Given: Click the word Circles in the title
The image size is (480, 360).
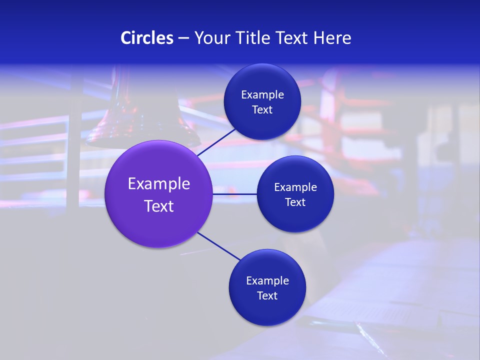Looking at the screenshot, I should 146,38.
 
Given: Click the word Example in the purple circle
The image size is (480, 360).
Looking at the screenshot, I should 159,184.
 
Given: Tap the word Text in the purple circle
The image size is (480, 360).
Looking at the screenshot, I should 159,206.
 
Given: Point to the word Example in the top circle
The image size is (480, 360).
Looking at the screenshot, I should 262,95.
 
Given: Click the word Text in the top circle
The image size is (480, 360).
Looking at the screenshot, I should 262,110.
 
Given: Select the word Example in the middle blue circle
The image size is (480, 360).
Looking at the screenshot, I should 295,187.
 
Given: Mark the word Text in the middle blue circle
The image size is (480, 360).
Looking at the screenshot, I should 295,202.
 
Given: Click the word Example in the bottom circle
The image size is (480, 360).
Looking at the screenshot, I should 267,281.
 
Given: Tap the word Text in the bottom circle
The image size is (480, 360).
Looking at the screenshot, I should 267,296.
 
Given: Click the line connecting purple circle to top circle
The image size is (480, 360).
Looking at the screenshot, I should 217,142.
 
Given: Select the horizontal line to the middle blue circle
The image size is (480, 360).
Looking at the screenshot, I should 235,194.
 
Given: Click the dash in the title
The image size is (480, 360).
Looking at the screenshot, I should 183,38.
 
